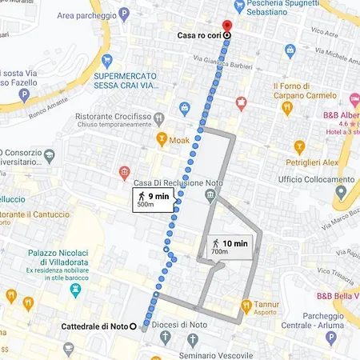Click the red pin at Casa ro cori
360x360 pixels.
226,26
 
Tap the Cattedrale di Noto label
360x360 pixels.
95,326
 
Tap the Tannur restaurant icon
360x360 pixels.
246,305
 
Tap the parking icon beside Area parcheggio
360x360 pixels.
123,14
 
